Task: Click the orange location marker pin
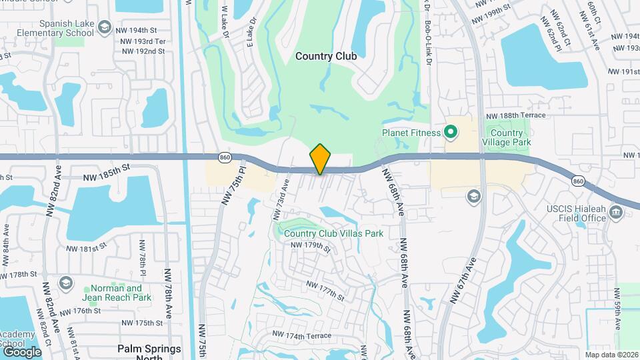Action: point(320,159)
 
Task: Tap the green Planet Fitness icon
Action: point(450,133)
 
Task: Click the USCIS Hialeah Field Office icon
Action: point(616,213)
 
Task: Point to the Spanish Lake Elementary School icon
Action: point(104,27)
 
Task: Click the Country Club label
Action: point(326,57)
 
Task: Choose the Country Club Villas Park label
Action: point(333,233)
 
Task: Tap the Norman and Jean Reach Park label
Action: point(112,293)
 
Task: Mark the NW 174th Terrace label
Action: point(302,334)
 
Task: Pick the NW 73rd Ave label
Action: point(280,199)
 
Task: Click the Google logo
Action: point(22,351)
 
